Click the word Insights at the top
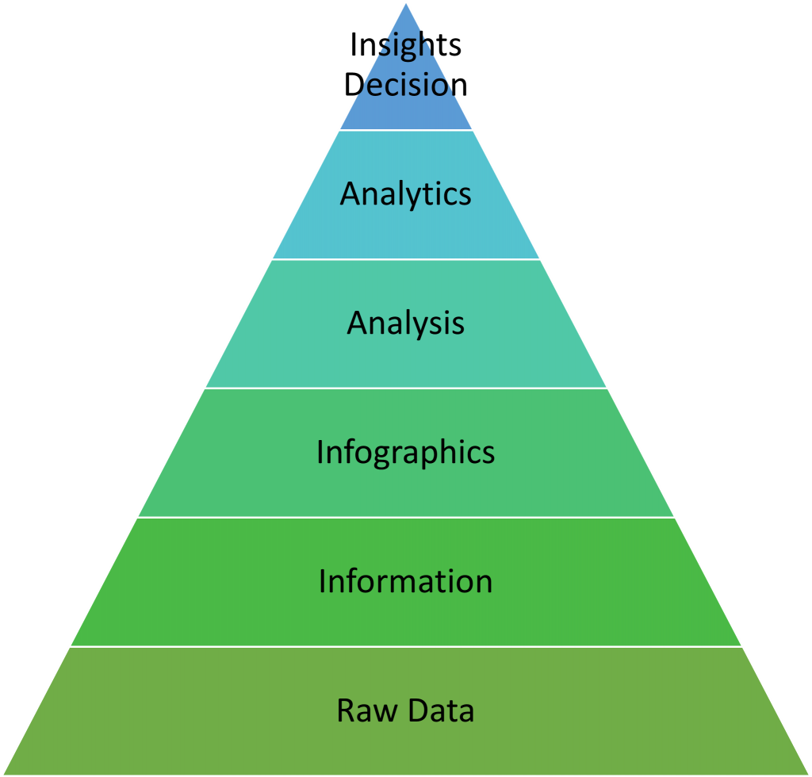[x=405, y=46]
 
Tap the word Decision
[x=405, y=85]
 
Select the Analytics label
[x=405, y=194]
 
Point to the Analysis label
[x=405, y=323]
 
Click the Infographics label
[x=405, y=453]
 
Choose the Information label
[x=405, y=581]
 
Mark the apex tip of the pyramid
[x=406, y=4]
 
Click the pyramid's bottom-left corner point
[x=3, y=774]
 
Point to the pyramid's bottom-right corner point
[x=808, y=774]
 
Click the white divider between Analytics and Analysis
[x=406, y=259]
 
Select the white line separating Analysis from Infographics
[x=406, y=388]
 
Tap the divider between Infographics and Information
[x=406, y=518]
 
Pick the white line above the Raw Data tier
[x=406, y=647]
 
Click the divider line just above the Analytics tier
[x=406, y=130]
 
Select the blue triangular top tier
[x=406, y=111]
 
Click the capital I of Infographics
[x=320, y=453]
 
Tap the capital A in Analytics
[x=350, y=194]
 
